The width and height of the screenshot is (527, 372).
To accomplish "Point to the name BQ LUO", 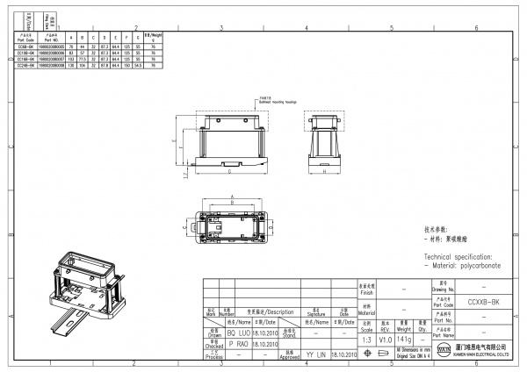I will click(x=237, y=334).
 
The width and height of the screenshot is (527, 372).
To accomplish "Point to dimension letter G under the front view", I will click(x=230, y=173).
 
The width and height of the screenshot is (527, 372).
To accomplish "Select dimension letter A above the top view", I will click(x=229, y=197).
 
